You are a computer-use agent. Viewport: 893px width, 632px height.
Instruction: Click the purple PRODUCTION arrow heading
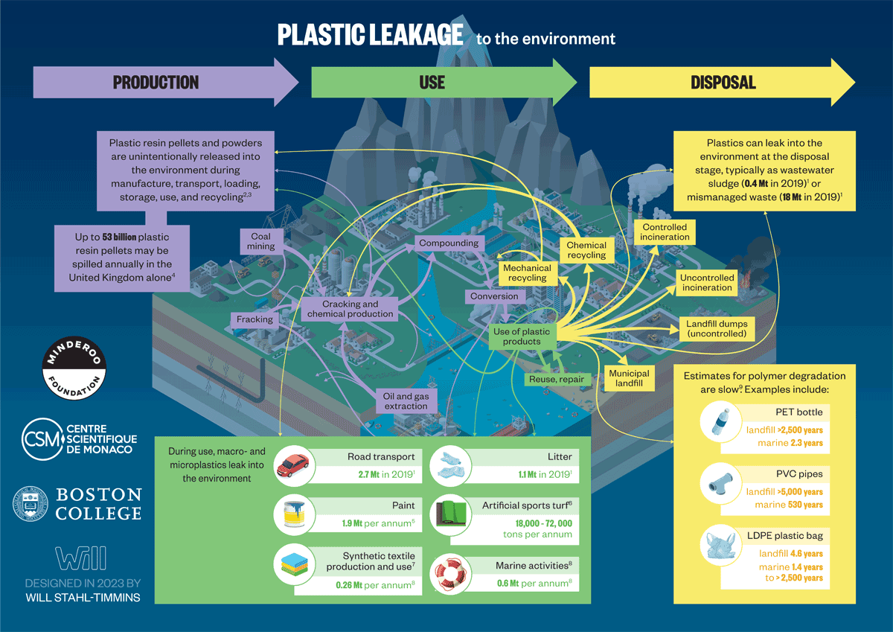tap(156, 82)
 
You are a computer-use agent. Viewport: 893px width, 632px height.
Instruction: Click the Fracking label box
tap(255, 319)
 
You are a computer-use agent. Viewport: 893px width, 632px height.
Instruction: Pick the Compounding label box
tap(448, 243)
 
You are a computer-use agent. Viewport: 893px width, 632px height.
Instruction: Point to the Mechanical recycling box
tap(527, 272)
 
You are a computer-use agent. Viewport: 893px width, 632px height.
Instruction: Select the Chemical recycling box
tap(586, 250)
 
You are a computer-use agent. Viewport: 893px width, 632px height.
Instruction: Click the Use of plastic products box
tap(521, 336)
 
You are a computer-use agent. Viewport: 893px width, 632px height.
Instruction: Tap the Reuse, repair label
tap(556, 380)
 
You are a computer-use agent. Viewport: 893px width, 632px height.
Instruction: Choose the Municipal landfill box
tap(629, 379)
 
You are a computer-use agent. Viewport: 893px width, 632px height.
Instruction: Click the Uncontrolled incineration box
tap(706, 283)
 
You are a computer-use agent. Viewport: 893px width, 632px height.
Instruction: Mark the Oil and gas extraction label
tap(406, 400)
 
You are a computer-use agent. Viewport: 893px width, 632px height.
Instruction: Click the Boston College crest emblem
tap(30, 504)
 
